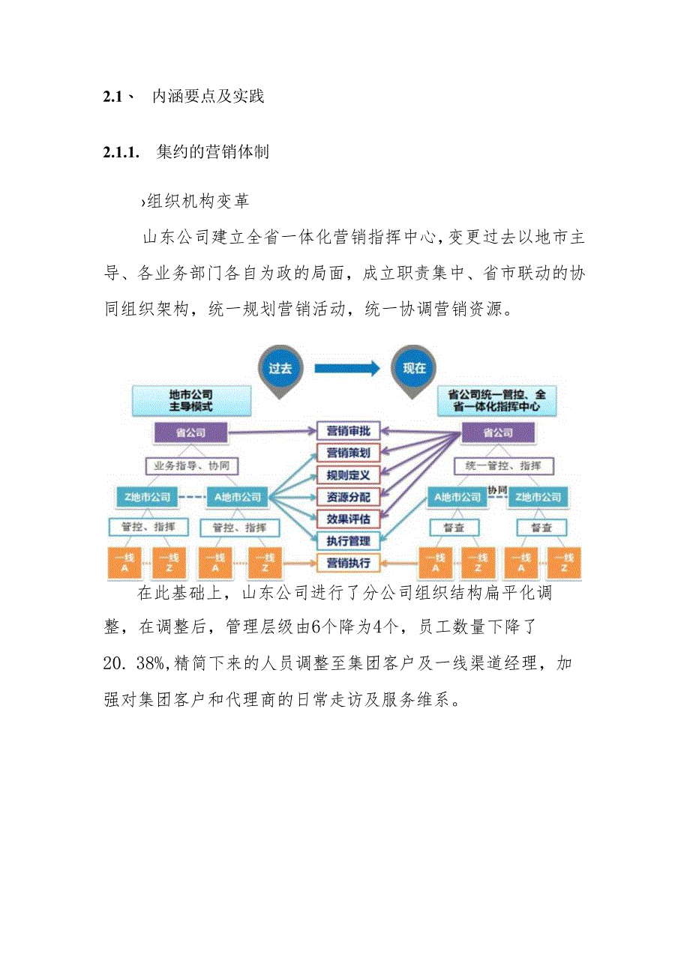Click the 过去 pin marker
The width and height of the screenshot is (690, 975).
278,369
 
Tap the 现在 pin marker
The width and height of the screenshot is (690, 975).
414,369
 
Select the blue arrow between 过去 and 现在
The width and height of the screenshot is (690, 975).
346,368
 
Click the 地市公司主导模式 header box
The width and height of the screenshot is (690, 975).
190,400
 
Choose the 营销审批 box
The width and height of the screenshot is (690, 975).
349,431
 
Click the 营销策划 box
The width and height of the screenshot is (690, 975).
349,453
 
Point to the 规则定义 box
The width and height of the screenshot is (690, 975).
349,474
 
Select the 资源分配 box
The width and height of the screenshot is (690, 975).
349,496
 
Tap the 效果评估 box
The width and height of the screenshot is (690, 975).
349,518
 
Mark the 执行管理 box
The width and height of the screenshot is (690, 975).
349,540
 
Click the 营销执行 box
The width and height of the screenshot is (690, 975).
349,562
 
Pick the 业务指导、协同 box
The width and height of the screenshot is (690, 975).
193,465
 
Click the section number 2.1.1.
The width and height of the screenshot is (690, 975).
121,152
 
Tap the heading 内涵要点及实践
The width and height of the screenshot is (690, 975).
208,97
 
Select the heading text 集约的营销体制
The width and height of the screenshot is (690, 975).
213,152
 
